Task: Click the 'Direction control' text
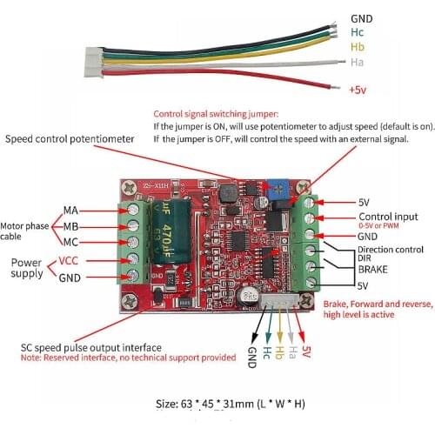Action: click(387, 250)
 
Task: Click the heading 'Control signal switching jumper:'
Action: click(217, 114)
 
